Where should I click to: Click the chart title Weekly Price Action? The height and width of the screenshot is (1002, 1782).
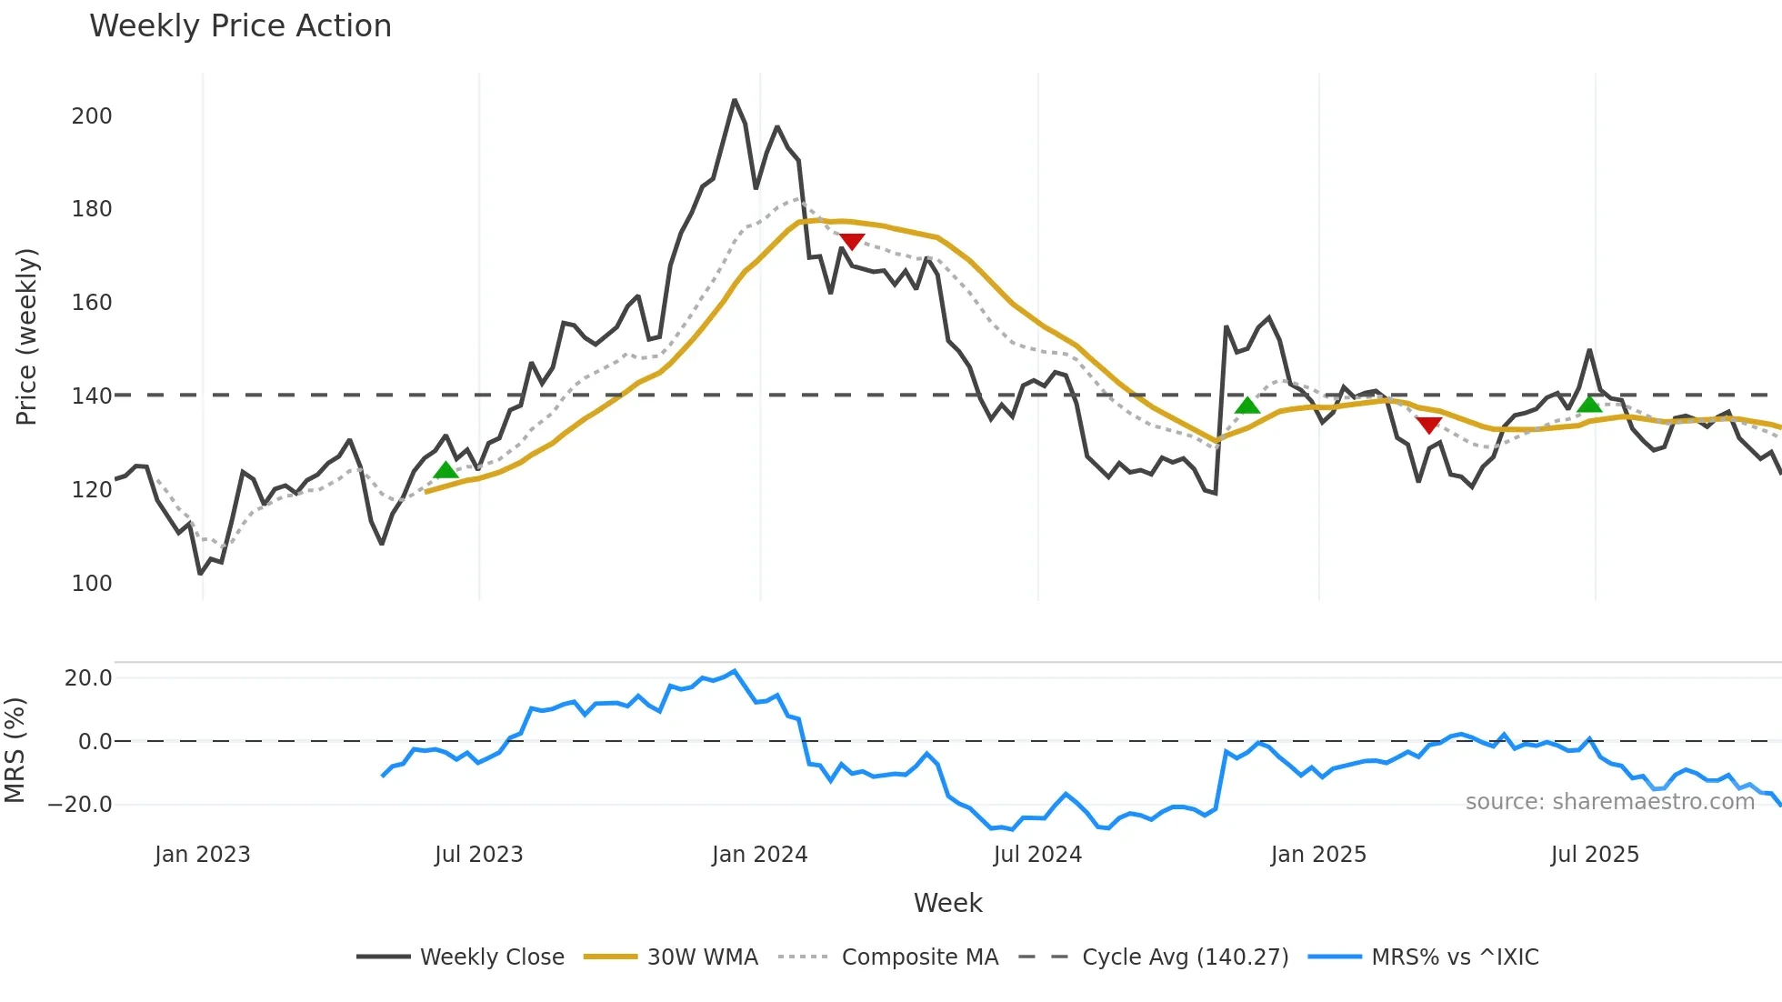click(x=240, y=26)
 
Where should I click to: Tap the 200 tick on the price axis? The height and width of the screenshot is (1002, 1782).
click(x=92, y=116)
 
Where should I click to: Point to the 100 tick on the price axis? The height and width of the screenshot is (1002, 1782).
click(x=92, y=584)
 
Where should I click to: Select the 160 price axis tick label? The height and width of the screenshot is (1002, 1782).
click(x=92, y=303)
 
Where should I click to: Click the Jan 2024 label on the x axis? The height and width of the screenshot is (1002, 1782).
click(x=759, y=855)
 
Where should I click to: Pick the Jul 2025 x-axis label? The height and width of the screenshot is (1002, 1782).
click(x=1595, y=855)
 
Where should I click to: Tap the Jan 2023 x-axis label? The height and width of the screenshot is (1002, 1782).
click(x=202, y=855)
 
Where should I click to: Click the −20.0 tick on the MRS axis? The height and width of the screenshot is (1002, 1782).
click(x=80, y=805)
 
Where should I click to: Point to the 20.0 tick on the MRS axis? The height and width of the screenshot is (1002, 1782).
click(x=88, y=678)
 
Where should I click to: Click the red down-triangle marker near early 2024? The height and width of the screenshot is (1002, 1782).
click(x=852, y=241)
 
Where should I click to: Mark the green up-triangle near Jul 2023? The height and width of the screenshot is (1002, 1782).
click(x=445, y=470)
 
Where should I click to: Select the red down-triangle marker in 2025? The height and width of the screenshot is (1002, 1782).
click(x=1428, y=425)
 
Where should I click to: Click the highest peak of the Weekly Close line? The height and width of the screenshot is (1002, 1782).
click(x=735, y=100)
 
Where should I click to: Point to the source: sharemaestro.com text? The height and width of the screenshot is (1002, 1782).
click(x=1609, y=802)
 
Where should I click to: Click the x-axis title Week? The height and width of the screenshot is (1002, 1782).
click(x=947, y=903)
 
